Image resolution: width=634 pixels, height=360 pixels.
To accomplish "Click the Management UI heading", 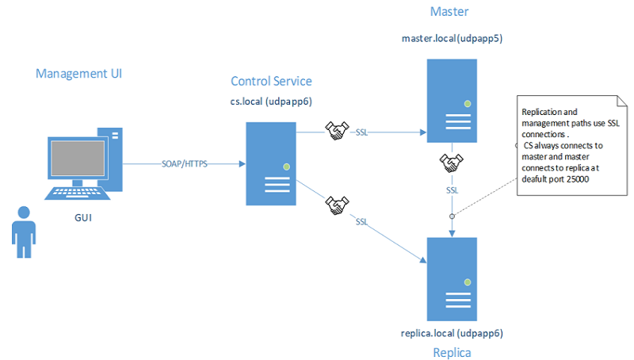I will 78,74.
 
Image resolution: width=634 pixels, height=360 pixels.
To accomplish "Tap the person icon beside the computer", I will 25,229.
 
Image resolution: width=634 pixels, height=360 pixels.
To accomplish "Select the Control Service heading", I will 271,81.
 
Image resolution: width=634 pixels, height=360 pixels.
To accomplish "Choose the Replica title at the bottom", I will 451,351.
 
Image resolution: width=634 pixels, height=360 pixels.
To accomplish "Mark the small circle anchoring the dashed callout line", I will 453,216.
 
